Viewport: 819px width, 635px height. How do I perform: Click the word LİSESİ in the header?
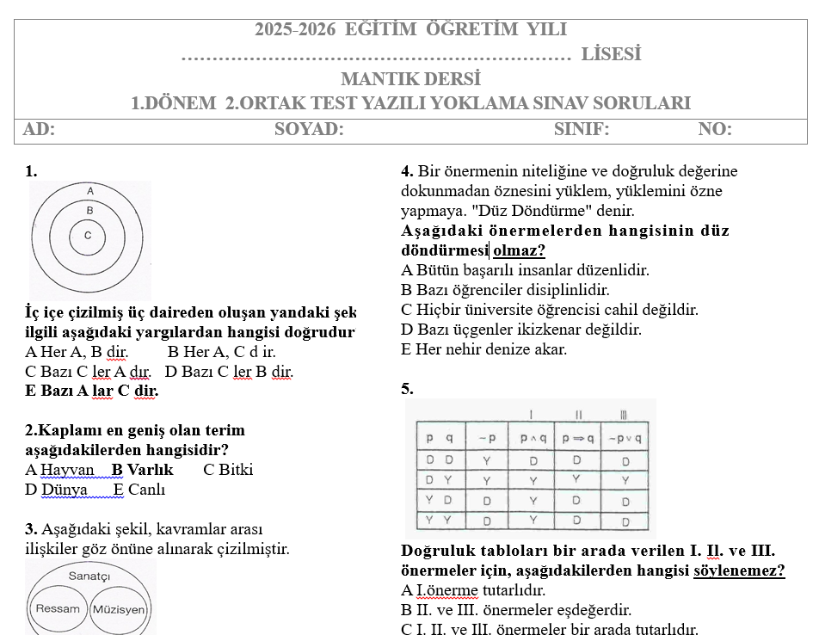pyautogui.click(x=612, y=54)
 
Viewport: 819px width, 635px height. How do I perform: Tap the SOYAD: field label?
pyautogui.click(x=309, y=130)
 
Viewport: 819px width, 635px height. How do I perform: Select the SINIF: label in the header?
pyautogui.click(x=582, y=130)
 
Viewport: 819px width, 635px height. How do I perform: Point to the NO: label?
pyautogui.click(x=715, y=130)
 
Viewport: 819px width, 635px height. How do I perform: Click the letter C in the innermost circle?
pyautogui.click(x=88, y=234)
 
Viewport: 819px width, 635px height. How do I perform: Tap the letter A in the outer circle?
pyautogui.click(x=89, y=190)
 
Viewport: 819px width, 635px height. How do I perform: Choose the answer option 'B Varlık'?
pyautogui.click(x=143, y=470)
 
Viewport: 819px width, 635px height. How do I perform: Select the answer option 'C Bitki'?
pyautogui.click(x=228, y=470)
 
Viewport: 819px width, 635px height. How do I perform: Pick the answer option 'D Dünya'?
pyautogui.click(x=57, y=490)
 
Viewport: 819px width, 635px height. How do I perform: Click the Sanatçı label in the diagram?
pyautogui.click(x=89, y=574)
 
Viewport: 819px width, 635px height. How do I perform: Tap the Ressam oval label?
pyautogui.click(x=57, y=608)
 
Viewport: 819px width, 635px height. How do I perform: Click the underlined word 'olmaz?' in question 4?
pyautogui.click(x=519, y=250)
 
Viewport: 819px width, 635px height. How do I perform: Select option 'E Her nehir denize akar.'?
pyautogui.click(x=484, y=349)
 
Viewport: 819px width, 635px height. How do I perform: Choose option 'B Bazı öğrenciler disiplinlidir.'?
pyautogui.click(x=505, y=290)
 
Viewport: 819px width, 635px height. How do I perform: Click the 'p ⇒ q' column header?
pyautogui.click(x=576, y=438)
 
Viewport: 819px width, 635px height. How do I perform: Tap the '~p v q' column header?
pyautogui.click(x=625, y=438)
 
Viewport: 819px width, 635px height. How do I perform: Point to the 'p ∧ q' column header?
pyautogui.click(x=530, y=438)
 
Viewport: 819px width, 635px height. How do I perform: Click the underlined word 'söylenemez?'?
pyautogui.click(x=739, y=570)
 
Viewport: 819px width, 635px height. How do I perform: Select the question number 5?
pyautogui.click(x=407, y=389)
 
